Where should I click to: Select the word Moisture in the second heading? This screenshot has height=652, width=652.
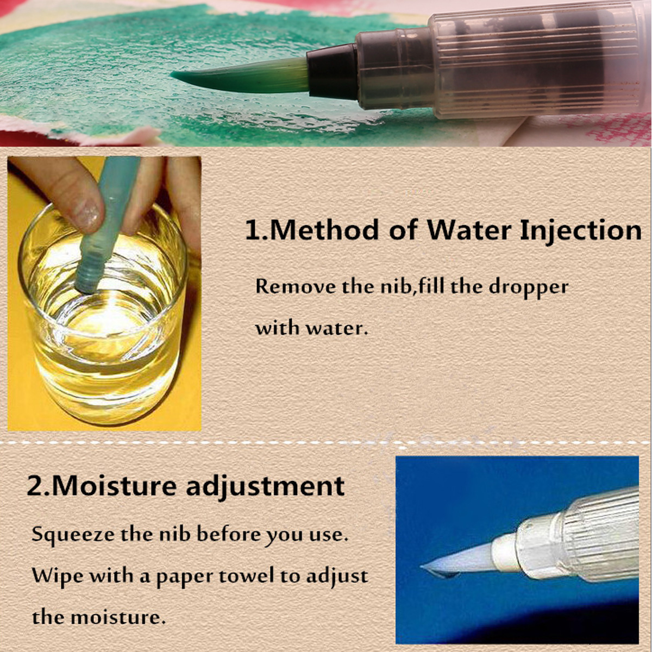(114, 486)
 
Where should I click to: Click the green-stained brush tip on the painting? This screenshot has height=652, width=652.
(241, 75)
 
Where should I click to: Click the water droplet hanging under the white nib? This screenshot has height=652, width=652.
(450, 575)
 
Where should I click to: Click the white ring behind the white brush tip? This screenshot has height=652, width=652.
(505, 553)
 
